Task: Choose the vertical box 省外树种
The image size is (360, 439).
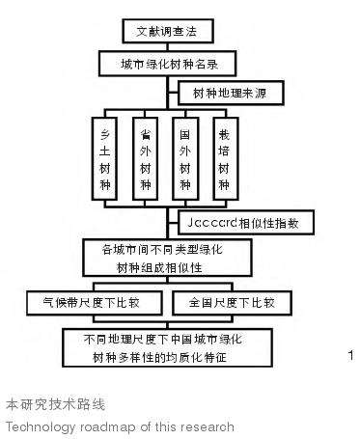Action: [x=144, y=156]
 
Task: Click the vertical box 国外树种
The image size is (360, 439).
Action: [x=184, y=156]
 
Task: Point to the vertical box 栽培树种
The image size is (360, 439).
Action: [x=224, y=156]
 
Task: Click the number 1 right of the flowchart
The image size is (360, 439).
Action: [x=349, y=356]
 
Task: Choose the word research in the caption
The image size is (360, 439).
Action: [x=208, y=425]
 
